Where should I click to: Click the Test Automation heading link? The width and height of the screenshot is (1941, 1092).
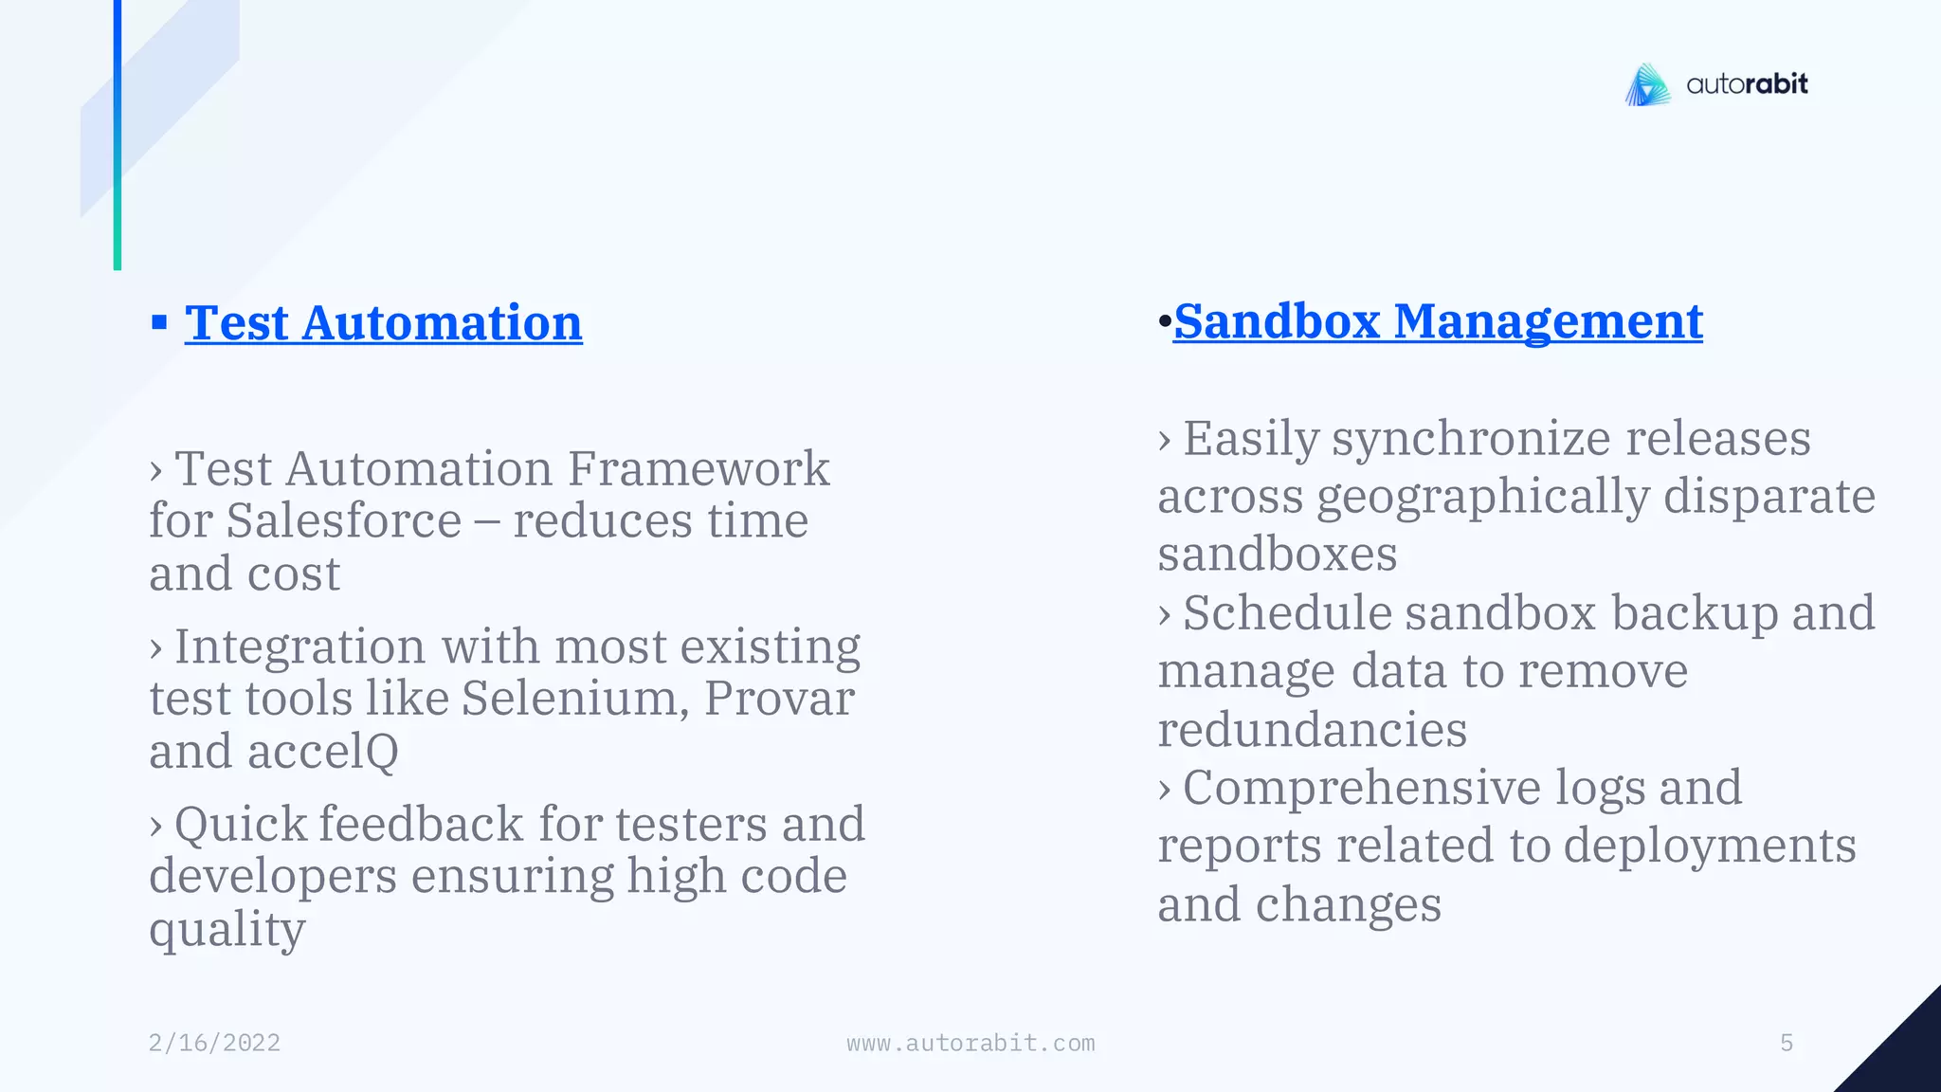click(x=383, y=323)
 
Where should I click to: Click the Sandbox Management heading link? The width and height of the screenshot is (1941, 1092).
click(x=1437, y=321)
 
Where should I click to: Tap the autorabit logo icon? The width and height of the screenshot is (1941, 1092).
click(x=1648, y=85)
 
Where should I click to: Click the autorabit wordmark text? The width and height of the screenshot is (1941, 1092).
click(x=1747, y=84)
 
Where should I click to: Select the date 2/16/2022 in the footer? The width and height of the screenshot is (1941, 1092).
click(x=214, y=1043)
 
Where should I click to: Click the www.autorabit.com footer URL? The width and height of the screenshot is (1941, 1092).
click(x=970, y=1043)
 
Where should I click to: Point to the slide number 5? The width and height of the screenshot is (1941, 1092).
click(x=1787, y=1043)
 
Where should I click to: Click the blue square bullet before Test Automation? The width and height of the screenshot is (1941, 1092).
click(x=159, y=323)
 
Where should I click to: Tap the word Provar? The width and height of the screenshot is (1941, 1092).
click(x=779, y=699)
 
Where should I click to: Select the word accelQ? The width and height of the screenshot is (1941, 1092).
click(x=322, y=752)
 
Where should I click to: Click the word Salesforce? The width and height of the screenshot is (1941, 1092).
click(x=343, y=520)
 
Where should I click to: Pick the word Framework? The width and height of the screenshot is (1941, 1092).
click(x=698, y=468)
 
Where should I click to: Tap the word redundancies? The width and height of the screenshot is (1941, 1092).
click(x=1312, y=730)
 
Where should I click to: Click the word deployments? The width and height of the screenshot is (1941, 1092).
click(x=1709, y=846)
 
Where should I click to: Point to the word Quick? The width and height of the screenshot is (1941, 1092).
click(x=241, y=824)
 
